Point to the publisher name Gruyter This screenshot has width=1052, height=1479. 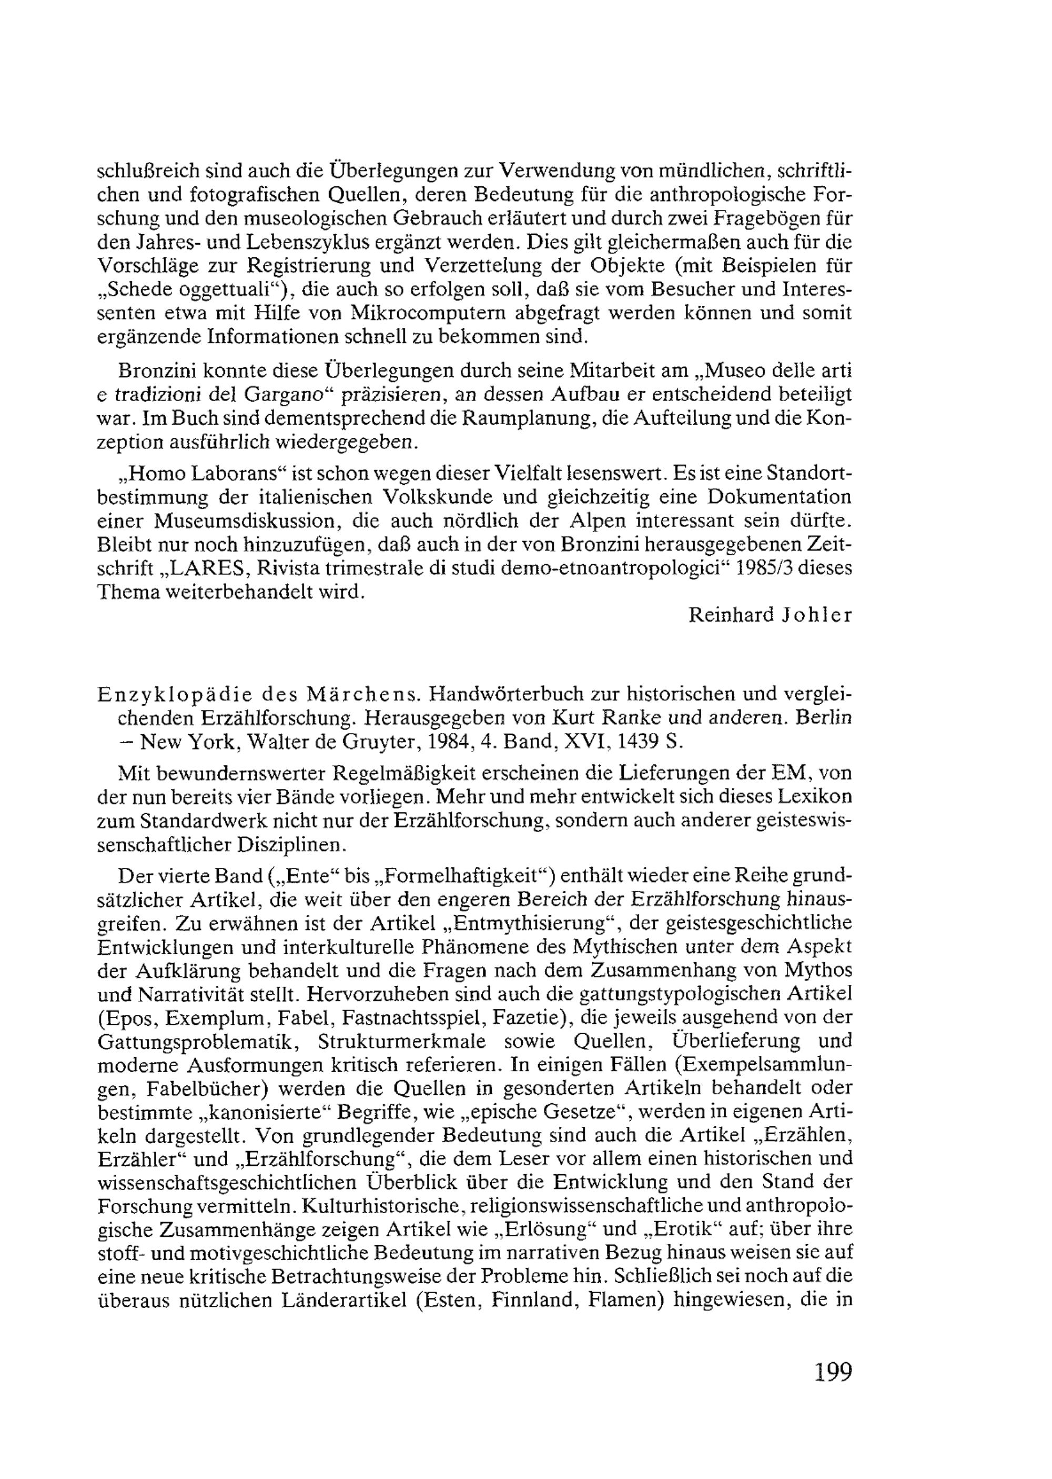pos(384,742)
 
